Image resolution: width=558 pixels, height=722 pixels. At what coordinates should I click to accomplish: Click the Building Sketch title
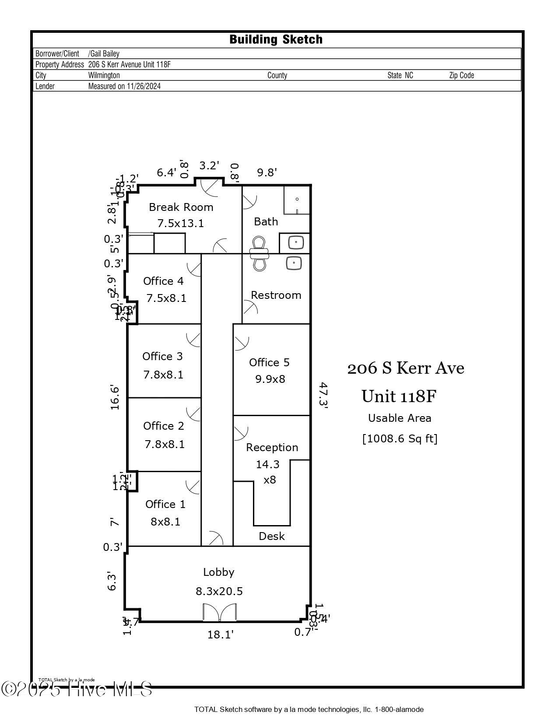(x=276, y=39)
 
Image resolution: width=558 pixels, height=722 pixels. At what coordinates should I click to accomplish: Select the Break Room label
(x=181, y=207)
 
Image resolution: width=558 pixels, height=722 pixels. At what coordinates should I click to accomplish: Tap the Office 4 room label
(x=163, y=281)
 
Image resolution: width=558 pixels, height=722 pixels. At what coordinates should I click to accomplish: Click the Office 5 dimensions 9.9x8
(x=270, y=379)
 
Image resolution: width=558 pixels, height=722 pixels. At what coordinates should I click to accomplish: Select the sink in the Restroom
(x=293, y=263)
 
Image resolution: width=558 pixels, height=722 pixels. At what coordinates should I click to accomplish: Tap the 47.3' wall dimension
(x=323, y=395)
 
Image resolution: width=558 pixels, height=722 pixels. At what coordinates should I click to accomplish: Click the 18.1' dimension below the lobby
(x=220, y=634)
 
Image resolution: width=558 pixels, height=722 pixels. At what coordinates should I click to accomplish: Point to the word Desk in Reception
(x=271, y=536)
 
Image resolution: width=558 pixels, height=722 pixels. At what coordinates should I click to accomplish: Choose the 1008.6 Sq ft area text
(x=400, y=438)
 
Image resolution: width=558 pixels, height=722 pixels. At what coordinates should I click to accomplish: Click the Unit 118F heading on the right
(x=399, y=396)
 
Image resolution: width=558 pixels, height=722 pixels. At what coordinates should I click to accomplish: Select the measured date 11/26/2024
(x=144, y=86)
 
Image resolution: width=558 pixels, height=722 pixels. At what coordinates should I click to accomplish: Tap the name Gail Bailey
(x=105, y=53)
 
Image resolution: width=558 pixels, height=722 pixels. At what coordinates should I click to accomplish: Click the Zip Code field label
(x=461, y=75)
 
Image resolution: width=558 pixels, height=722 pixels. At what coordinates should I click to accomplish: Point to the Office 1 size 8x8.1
(x=165, y=522)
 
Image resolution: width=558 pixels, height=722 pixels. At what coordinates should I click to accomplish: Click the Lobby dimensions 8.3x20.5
(x=219, y=591)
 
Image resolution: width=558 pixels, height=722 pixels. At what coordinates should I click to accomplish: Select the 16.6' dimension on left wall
(x=115, y=397)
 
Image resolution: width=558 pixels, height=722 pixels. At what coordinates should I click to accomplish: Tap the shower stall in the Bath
(x=296, y=200)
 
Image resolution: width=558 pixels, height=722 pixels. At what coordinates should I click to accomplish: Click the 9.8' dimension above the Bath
(x=267, y=172)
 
